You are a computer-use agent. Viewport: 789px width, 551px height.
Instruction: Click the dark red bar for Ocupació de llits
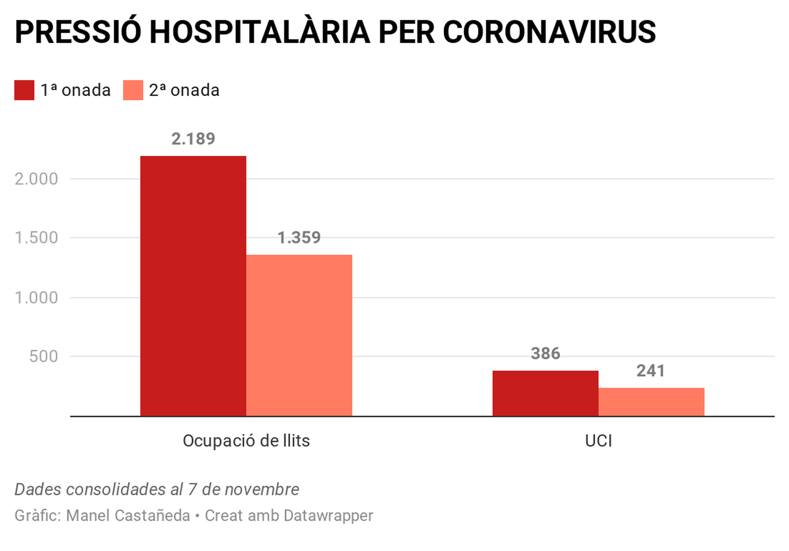[x=193, y=286]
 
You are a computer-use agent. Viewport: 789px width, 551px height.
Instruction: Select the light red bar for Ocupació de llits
[x=299, y=335]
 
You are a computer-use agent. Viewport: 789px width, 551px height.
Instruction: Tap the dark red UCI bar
[x=545, y=393]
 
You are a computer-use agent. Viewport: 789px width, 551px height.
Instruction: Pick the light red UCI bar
[x=651, y=402]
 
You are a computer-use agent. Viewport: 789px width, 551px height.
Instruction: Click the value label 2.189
[x=193, y=139]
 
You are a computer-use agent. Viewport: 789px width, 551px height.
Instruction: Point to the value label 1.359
[x=299, y=238]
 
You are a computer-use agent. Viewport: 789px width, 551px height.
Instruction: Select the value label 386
[x=545, y=353]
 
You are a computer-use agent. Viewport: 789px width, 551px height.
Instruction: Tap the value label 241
[x=651, y=371]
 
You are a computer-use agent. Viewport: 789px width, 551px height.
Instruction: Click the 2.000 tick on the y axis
[x=36, y=179]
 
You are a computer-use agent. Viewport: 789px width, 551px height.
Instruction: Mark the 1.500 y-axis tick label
[x=36, y=238]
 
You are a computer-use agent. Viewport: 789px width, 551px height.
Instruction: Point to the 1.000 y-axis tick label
[x=36, y=298]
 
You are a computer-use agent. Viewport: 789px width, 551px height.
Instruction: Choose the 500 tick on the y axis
[x=43, y=356]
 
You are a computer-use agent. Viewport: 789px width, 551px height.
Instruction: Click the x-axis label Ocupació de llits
[x=246, y=441]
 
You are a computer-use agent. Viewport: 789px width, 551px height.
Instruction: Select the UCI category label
[x=599, y=441]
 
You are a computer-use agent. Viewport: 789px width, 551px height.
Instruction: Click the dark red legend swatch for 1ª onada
[x=24, y=90]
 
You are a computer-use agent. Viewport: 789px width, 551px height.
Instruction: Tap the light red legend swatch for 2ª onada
[x=133, y=90]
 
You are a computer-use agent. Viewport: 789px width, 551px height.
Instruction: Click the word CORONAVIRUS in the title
[x=549, y=33]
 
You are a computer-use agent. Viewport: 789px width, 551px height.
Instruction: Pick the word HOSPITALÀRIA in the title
[x=259, y=33]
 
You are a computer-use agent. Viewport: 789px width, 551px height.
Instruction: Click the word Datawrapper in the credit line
[x=328, y=516]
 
